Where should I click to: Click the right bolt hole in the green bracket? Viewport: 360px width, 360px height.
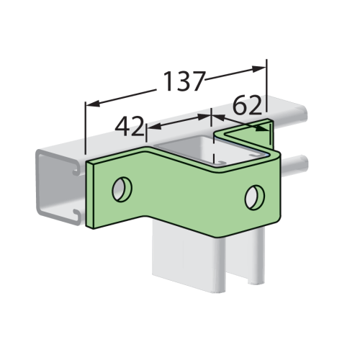tap(253, 194)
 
